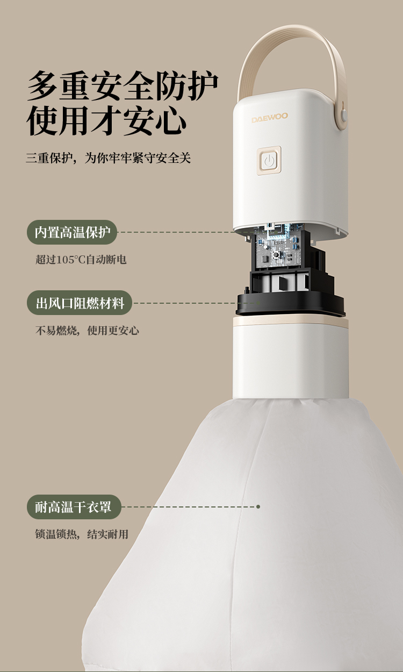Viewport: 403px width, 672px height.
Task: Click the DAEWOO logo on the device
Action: (x=270, y=118)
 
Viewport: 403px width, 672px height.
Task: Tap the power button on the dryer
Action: (x=269, y=161)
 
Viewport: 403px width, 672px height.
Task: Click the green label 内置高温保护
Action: (x=72, y=232)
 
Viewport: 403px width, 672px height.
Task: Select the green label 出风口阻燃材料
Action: (x=80, y=303)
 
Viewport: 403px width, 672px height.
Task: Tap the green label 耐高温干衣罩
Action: (x=74, y=507)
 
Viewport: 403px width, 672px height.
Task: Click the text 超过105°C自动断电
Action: (x=81, y=260)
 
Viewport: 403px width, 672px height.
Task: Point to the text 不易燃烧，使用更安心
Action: (x=87, y=330)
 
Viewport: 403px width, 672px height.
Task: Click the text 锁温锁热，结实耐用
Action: (x=82, y=534)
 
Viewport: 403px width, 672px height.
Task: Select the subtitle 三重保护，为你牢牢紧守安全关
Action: (x=108, y=158)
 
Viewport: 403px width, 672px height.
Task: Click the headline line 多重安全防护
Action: (x=123, y=86)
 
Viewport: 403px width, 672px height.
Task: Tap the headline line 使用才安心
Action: (x=106, y=120)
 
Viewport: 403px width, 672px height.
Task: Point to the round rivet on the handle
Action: (x=344, y=115)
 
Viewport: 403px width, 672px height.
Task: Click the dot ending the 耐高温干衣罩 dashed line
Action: (x=258, y=507)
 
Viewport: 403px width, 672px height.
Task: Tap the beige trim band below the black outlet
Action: (x=290, y=322)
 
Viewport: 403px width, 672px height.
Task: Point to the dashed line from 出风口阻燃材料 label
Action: (x=197, y=303)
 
